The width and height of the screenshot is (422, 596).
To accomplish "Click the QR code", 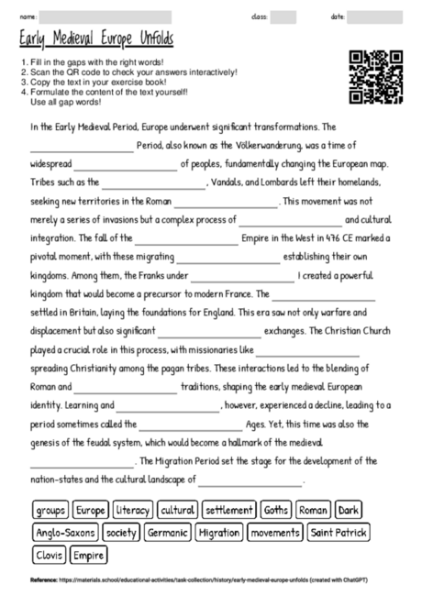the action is (376, 78).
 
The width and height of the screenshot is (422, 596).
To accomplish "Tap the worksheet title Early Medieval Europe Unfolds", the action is (95, 40).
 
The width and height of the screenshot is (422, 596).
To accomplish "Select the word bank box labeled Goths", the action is (276, 510).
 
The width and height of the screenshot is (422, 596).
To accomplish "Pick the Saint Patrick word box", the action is (339, 532).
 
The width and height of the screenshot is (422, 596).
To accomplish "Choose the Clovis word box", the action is (48, 555).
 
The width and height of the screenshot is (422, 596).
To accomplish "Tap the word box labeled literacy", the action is (133, 510).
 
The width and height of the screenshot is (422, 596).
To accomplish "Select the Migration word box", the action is (218, 532).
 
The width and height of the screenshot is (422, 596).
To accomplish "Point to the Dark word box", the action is (349, 510).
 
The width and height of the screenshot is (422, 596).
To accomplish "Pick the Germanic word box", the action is (167, 532).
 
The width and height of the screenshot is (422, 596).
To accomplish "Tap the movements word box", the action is (275, 532).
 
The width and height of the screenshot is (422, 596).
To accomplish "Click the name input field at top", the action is (105, 17).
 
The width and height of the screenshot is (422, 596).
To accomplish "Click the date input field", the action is (374, 17).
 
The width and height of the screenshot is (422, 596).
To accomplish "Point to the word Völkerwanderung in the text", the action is (263, 146).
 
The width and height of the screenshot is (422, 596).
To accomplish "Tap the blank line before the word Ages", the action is (191, 425).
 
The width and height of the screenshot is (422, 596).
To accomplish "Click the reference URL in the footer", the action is (202, 579).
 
